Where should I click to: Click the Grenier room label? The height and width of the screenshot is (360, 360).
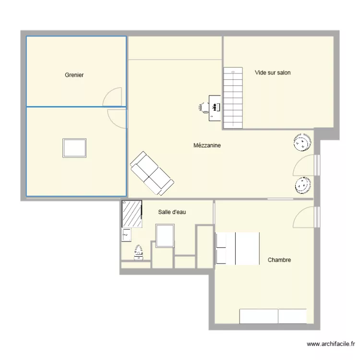point(74,75)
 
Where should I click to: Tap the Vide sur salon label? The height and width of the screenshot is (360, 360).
point(273,73)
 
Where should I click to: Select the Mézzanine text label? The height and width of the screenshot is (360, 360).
point(207,145)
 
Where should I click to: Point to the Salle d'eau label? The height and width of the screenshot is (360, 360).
point(171,212)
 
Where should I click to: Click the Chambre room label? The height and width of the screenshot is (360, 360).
point(279,260)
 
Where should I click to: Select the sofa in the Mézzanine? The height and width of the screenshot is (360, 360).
point(152,173)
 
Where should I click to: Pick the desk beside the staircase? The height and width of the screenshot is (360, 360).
point(215,107)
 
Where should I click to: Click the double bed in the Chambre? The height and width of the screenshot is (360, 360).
point(238,248)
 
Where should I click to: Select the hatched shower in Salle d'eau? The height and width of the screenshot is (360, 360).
point(132,214)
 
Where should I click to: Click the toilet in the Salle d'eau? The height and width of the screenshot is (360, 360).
point(139,252)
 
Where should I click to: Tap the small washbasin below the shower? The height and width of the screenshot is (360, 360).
point(126,235)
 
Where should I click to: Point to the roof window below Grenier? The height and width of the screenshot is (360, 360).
point(74,148)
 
